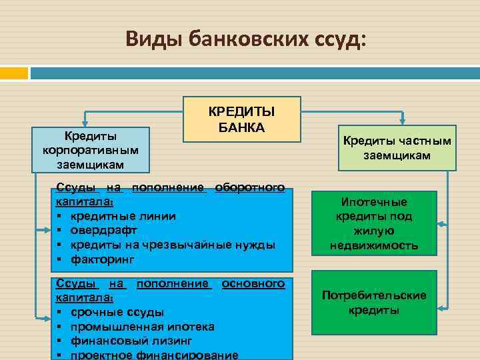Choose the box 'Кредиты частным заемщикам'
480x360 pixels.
tap(397, 148)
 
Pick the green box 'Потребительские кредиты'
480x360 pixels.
tap(375, 302)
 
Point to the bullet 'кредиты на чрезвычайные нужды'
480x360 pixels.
tap(170, 244)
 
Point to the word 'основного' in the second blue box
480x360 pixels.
tap(253, 284)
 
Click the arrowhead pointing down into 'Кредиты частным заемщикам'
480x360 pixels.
tap(402, 122)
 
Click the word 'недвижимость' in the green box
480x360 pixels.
tap(373, 245)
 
